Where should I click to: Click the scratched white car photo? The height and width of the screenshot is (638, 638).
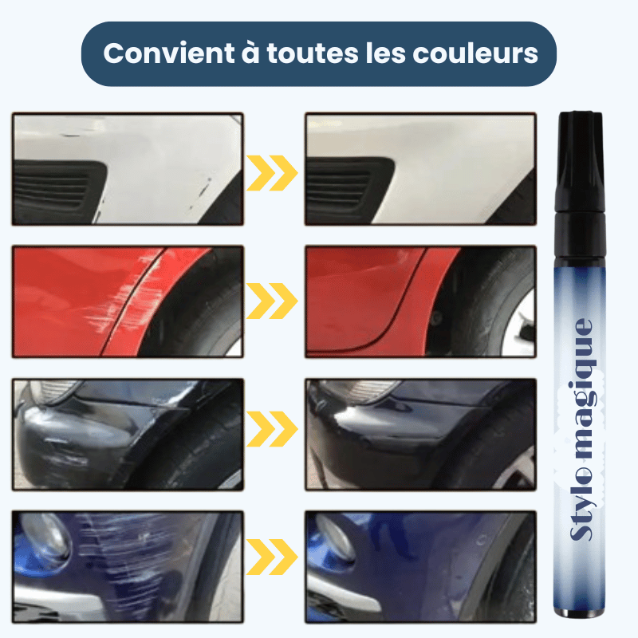pyautogui.click(x=128, y=168)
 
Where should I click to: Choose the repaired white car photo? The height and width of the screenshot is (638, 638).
pyautogui.click(x=420, y=168)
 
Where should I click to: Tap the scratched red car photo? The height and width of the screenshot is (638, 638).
pyautogui.click(x=128, y=301)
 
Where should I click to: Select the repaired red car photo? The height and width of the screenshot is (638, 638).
pyautogui.click(x=420, y=301)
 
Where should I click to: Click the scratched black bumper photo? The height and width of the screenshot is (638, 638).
pyautogui.click(x=128, y=434)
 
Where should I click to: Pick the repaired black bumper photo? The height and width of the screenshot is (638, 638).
pyautogui.click(x=420, y=434)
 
